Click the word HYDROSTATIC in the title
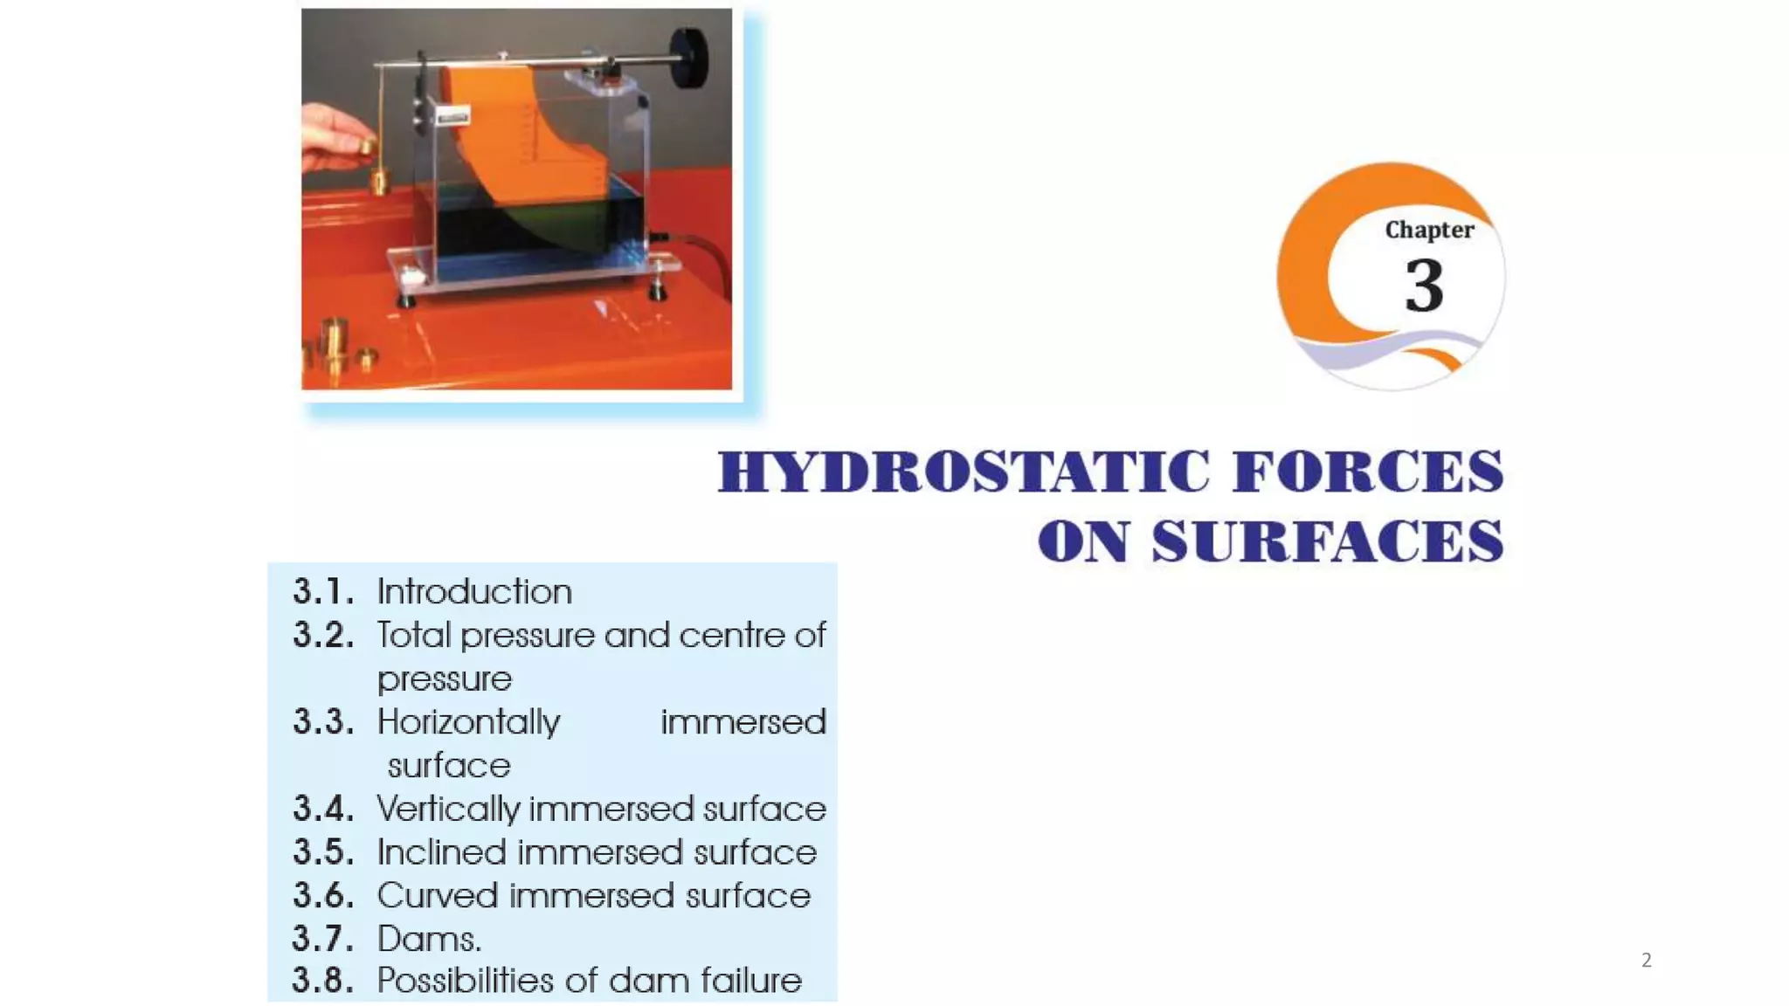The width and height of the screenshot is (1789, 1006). point(964,472)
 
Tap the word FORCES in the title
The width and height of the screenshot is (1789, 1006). point(1368,472)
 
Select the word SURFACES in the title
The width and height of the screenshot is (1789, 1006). point(1327,541)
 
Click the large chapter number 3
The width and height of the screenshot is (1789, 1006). point(1424,286)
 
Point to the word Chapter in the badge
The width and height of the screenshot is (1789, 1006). point(1429,230)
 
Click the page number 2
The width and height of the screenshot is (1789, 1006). point(1647,961)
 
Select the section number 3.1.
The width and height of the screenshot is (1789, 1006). point(323,592)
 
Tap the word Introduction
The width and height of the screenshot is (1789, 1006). point(474,592)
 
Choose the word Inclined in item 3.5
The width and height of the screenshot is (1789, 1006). point(441,852)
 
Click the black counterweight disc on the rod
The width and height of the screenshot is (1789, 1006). point(690,58)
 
